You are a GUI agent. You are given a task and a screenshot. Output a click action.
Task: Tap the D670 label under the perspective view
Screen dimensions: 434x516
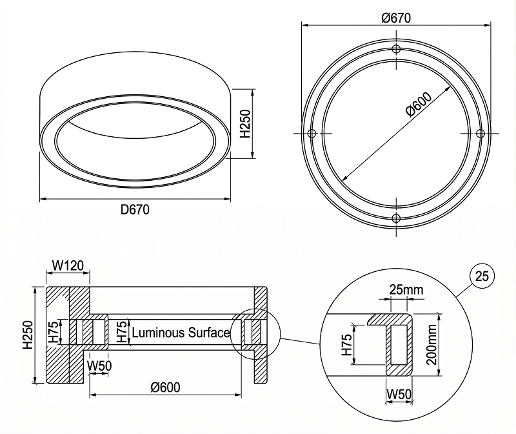coord(135,209)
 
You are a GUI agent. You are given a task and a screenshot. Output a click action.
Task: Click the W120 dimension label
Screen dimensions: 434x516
coord(66,265)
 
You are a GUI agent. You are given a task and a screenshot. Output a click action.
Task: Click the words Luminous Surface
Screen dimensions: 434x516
coord(181,333)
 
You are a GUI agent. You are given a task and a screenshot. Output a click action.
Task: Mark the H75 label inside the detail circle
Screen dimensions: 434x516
coord(346,346)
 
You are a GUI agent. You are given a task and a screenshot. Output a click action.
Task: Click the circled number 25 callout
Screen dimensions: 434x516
coord(481,276)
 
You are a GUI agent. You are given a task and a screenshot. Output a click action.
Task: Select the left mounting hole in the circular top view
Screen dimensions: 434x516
coord(312,134)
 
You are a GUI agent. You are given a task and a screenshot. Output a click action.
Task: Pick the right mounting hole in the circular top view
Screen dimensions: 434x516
coord(480,133)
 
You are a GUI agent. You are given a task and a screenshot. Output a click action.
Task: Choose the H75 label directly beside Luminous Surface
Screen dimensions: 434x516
coord(121,333)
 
